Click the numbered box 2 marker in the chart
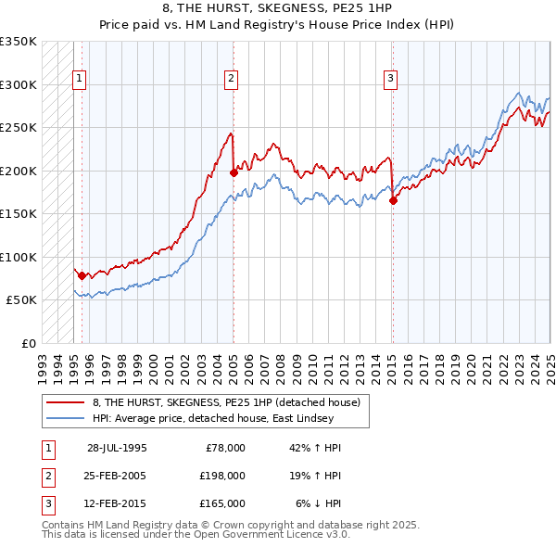pyautogui.click(x=230, y=80)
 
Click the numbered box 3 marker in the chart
pyautogui.click(x=391, y=80)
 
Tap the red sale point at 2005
pyautogui.click(x=234, y=172)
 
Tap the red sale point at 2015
pyautogui.click(x=394, y=200)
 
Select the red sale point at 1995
pyautogui.click(x=82, y=275)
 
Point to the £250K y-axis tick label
pyautogui.click(x=19, y=128)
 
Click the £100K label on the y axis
pyautogui.click(x=19, y=257)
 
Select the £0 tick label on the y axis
pyautogui.click(x=28, y=343)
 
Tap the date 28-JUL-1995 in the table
pyautogui.click(x=117, y=448)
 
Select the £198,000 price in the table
pyautogui.click(x=222, y=476)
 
